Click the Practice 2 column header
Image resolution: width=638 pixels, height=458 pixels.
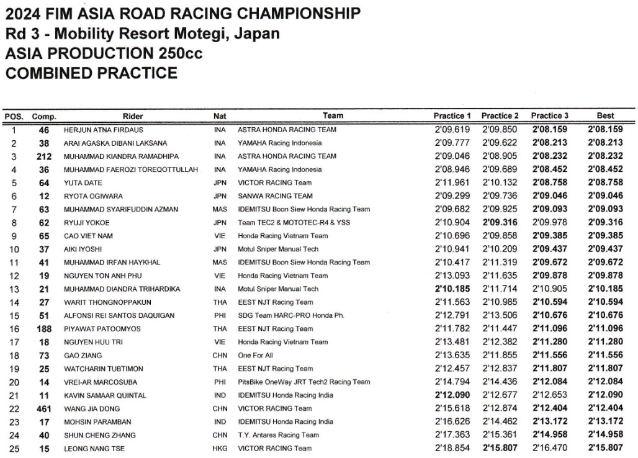tap(500, 116)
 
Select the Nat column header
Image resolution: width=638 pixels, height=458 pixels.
tap(220, 116)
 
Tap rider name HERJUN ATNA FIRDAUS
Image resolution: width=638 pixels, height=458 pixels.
tap(104, 130)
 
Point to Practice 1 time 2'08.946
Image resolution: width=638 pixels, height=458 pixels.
tap(453, 169)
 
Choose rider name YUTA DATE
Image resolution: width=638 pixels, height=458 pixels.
tap(83, 183)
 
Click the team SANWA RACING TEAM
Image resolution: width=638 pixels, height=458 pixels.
tap(275, 196)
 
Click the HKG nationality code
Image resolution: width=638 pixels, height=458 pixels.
tap(219, 448)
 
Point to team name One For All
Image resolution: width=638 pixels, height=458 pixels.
tap(255, 356)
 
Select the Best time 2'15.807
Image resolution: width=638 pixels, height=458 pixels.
tap(605, 448)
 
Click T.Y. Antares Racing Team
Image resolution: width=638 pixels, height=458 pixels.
tap(278, 435)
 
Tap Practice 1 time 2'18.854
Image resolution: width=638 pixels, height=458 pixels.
tap(453, 448)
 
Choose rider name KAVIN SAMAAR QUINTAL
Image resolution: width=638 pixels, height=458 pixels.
tap(105, 395)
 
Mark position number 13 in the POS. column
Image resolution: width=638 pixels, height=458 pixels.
tap(14, 289)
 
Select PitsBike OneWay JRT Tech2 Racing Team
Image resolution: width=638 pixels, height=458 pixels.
tap(303, 382)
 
